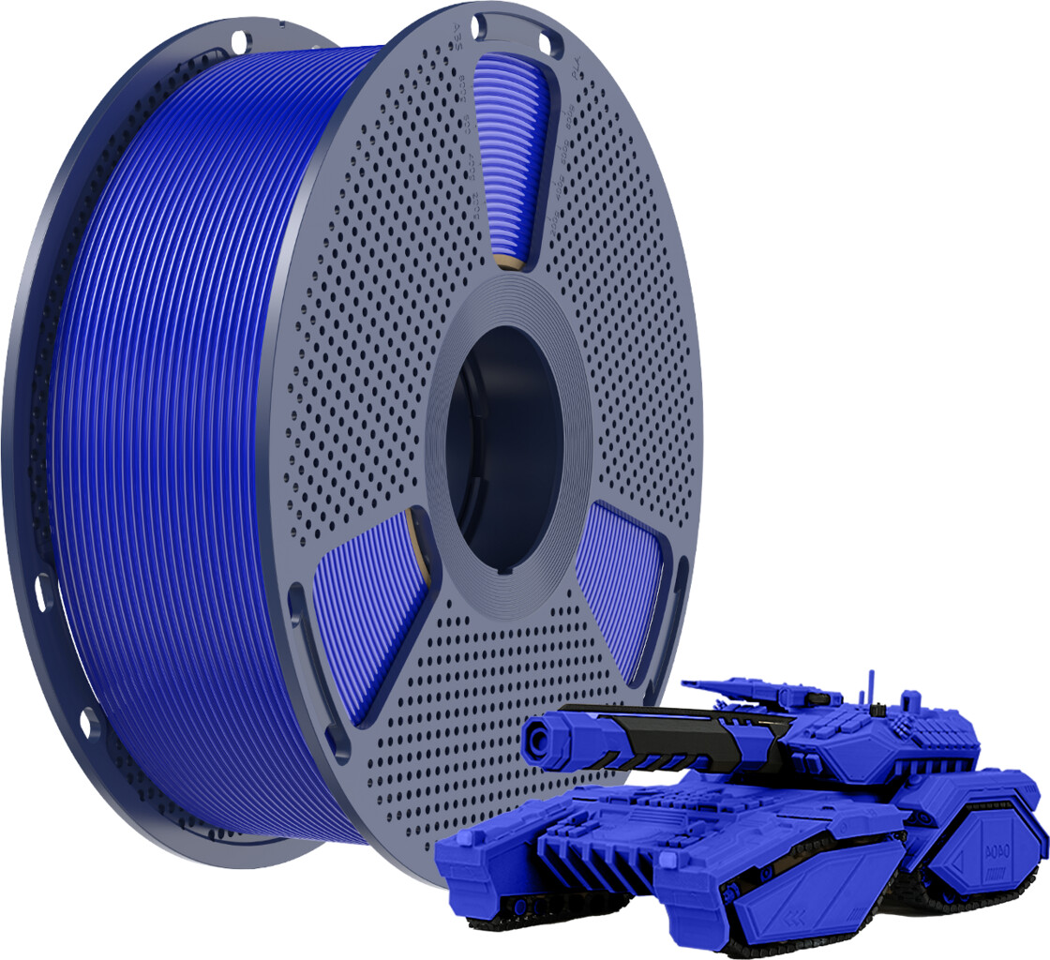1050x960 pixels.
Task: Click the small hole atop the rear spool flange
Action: pyautogui.click(x=238, y=40)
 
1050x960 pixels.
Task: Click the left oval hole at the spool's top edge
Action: pyautogui.click(x=479, y=23)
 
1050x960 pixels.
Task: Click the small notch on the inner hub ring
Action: pyautogui.click(x=506, y=570)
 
